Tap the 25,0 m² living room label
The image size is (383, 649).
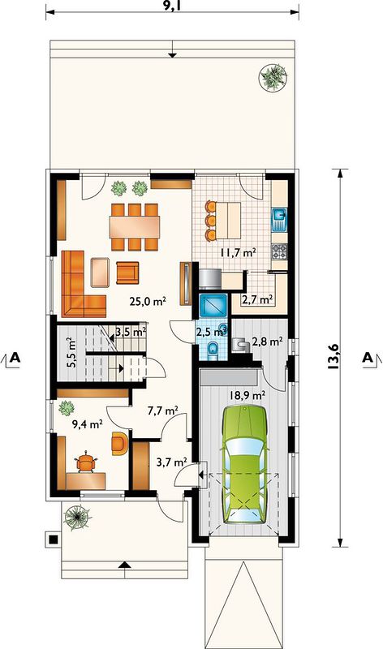pyautogui.click(x=148, y=301)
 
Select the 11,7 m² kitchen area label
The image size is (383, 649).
pyautogui.click(x=238, y=252)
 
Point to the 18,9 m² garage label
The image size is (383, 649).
pyautogui.click(x=247, y=394)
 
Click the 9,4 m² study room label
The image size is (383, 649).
pyautogui.click(x=87, y=423)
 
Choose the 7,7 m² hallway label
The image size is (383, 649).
pyautogui.click(x=163, y=410)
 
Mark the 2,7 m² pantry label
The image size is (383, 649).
pyautogui.click(x=257, y=299)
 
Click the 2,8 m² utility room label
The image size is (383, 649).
pyautogui.click(x=268, y=342)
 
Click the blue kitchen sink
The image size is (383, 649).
pyautogui.click(x=279, y=219)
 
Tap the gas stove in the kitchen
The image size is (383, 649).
pyautogui.click(x=278, y=251)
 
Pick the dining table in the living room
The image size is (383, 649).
pyautogui.click(x=135, y=227)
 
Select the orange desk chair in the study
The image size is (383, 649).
pyautogui.click(x=85, y=462)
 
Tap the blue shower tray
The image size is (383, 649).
pyautogui.click(x=213, y=306)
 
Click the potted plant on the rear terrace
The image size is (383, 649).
pyautogui.click(x=273, y=76)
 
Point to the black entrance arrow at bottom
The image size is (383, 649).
pyautogui.click(x=125, y=565)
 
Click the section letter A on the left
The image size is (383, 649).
pyautogui.click(x=15, y=357)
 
